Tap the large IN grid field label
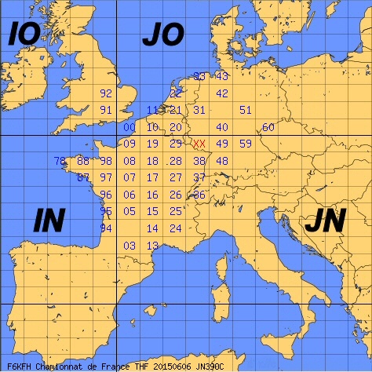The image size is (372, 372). (49, 221)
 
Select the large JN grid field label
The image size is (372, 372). (324, 221)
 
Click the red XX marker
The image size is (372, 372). (199, 144)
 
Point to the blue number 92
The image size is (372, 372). (107, 93)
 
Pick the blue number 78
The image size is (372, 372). (60, 161)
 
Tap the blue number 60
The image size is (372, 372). (268, 127)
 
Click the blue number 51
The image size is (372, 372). (246, 110)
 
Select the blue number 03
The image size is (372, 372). (129, 246)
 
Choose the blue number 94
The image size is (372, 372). (107, 228)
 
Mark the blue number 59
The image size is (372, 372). (246, 144)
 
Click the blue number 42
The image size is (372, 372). (222, 93)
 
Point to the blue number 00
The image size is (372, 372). (129, 127)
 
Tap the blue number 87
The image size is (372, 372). (83, 177)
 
